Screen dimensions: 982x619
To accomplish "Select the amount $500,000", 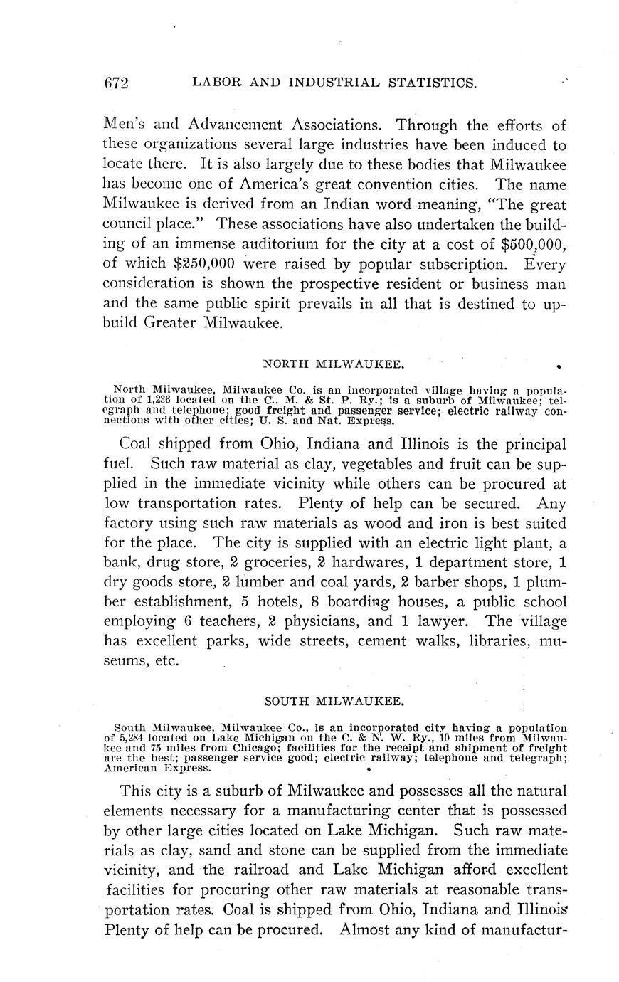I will tap(534, 245).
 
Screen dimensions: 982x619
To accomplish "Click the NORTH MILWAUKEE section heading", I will tap(334, 364).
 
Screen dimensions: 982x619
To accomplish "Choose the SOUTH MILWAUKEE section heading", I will tap(334, 701).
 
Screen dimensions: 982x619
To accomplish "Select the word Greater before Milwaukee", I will tap(171, 324).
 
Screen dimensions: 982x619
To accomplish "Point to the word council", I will tap(136, 224).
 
